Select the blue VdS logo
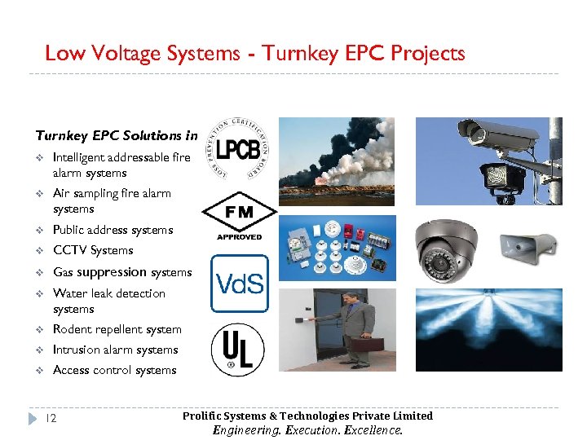[239, 284]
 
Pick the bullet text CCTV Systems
[92, 250]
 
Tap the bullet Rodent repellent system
[117, 329]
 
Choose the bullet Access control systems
[114, 370]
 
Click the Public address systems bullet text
[113, 230]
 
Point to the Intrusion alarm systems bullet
[115, 350]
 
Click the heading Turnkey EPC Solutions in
[117, 135]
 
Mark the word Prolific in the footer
[201, 416]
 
